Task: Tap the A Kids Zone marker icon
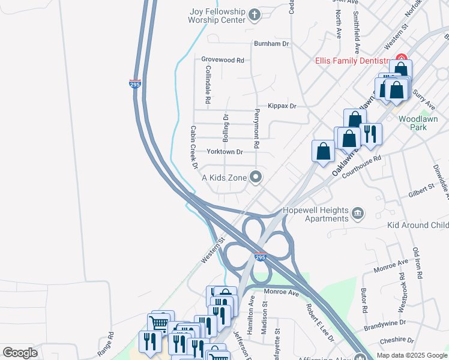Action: click(x=256, y=176)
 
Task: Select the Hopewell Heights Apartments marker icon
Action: click(x=358, y=213)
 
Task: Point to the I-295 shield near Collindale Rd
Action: click(x=135, y=84)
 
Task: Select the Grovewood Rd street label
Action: click(x=223, y=60)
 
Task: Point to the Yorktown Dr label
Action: click(x=224, y=152)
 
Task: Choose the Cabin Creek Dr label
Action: click(x=194, y=146)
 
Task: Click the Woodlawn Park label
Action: click(x=420, y=124)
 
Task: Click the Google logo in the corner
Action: click(x=20, y=353)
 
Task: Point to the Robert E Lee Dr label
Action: click(x=319, y=322)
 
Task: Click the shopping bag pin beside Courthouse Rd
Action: click(x=349, y=139)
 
